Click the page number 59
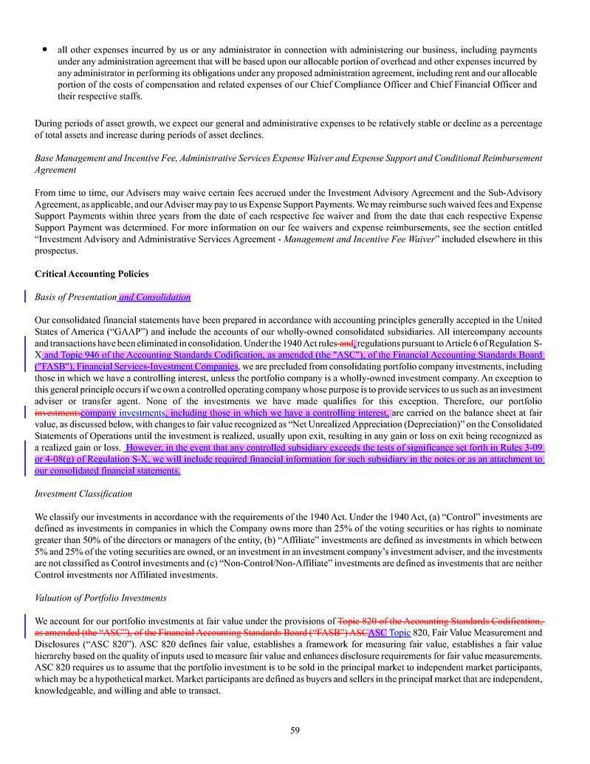[295, 731]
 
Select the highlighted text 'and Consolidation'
[154, 297]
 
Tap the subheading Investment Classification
[83, 494]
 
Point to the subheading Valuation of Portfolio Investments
[100, 598]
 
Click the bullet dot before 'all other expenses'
[45, 50]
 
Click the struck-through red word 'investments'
[58, 412]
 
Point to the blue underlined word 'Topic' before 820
[399, 632]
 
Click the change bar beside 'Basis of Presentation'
[25, 297]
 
